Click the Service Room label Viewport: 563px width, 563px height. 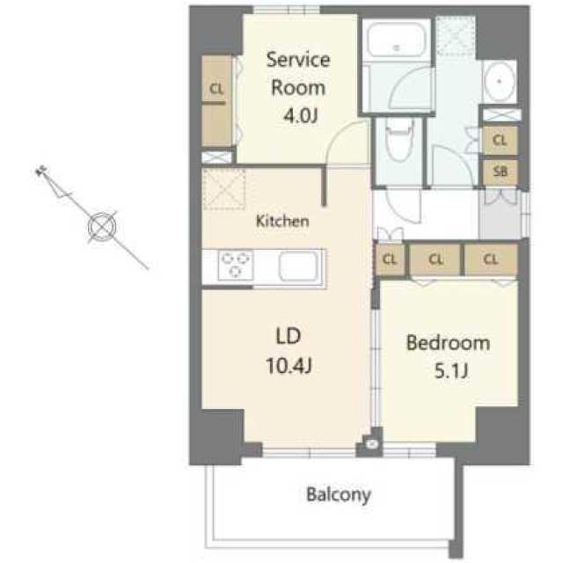pos(297,73)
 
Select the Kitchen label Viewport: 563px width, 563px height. pos(281,222)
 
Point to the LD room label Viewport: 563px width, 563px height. pos(290,335)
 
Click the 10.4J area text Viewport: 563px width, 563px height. pos(290,363)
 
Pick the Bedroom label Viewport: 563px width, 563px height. pos(447,343)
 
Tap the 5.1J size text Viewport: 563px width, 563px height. pos(448,370)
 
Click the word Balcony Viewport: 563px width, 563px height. pos(339,494)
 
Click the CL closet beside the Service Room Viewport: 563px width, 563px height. pos(216,88)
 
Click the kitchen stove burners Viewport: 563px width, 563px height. pos(234,265)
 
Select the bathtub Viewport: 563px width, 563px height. pos(395,42)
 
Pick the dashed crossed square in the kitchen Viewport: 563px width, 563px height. pos(223,190)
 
